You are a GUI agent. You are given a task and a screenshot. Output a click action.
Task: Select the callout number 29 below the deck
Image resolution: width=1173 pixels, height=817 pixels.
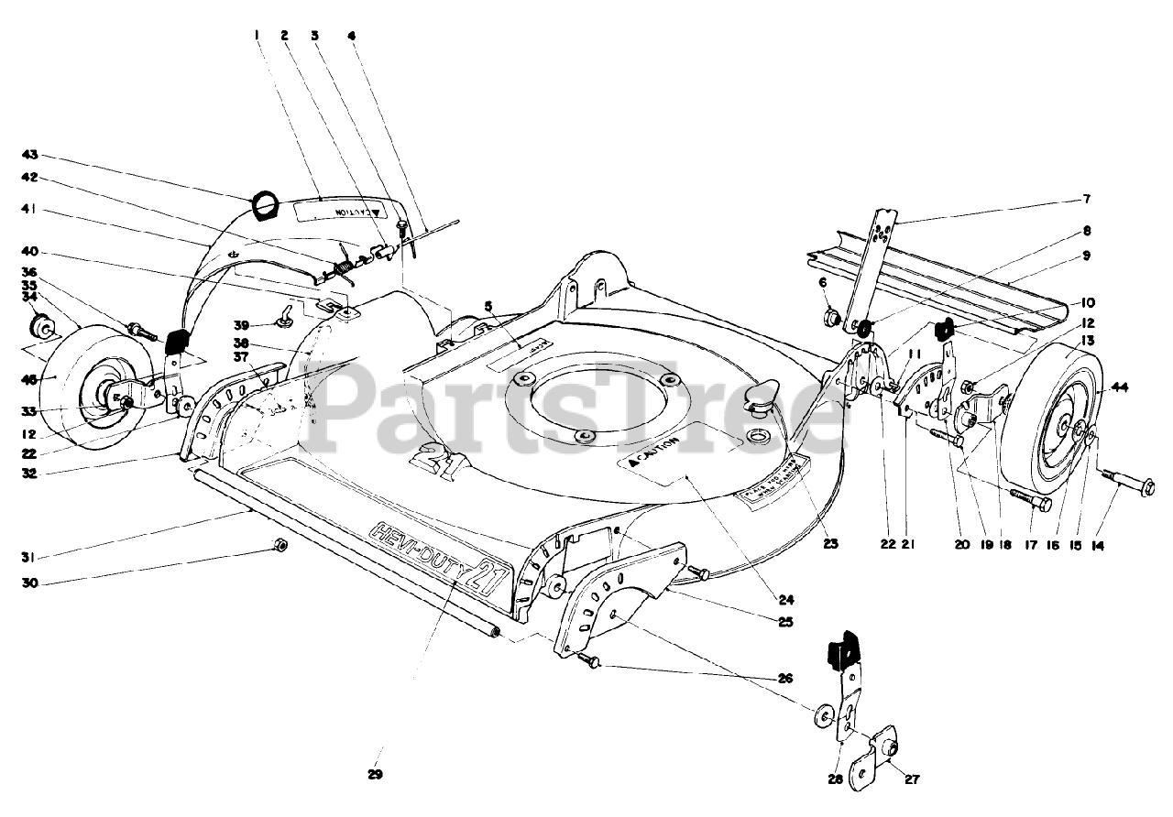(374, 775)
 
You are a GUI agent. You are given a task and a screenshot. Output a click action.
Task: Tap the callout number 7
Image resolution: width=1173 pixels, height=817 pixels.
(1087, 199)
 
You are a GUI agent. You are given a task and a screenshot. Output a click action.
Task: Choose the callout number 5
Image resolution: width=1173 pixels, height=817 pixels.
(489, 305)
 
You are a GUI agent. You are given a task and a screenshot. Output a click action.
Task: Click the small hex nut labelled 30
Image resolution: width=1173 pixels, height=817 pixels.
(281, 546)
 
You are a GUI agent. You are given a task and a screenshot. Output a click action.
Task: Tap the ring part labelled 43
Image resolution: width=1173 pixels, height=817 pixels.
(264, 206)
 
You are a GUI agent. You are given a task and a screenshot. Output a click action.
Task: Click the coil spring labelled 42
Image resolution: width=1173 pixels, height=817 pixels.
(343, 267)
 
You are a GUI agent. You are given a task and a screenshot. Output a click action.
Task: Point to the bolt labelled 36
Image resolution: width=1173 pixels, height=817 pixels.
(143, 328)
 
